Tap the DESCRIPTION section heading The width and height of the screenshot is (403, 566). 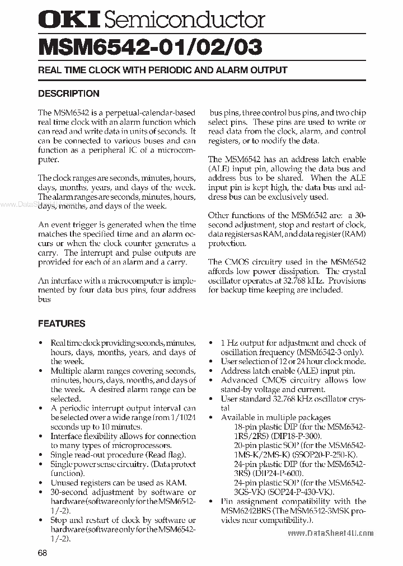68,93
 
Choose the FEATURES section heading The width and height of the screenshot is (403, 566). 62,323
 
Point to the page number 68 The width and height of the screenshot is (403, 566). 43,553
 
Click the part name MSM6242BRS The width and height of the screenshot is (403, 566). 247,511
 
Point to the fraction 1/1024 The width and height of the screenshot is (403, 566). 179,417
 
